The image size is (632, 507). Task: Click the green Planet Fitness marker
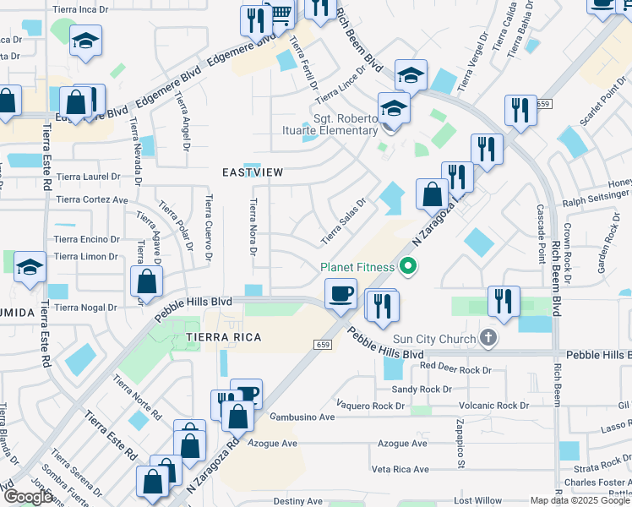[x=408, y=268]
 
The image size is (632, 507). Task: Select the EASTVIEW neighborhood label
[x=252, y=172]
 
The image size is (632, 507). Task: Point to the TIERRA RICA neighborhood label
[x=224, y=337]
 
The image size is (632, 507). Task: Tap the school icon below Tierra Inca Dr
[x=85, y=41]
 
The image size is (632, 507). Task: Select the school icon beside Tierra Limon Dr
[x=30, y=269]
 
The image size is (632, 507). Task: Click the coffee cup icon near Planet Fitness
[x=341, y=294]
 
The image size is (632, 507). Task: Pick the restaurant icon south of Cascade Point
[x=503, y=302]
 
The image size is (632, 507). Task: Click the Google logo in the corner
[x=28, y=497]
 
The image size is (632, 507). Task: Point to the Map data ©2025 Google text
[x=580, y=500]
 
